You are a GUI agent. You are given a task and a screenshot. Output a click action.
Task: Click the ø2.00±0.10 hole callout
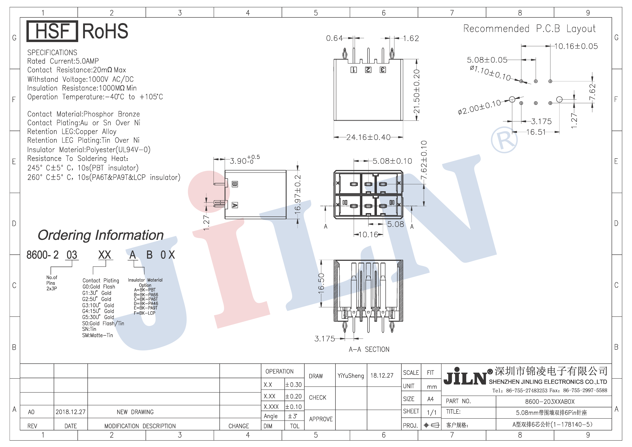pyautogui.click(x=479, y=107)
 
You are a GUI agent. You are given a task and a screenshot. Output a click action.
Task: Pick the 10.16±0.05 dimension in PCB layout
pyautogui.click(x=576, y=46)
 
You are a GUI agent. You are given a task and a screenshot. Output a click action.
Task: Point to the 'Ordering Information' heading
pyautogui.click(x=101, y=235)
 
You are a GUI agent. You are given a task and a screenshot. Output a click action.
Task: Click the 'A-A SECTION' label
pyautogui.click(x=369, y=349)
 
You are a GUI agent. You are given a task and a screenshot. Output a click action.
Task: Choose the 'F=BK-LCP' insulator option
pyautogui.click(x=144, y=313)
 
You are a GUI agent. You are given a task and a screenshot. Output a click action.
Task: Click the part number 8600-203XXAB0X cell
pyautogui.click(x=550, y=402)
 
